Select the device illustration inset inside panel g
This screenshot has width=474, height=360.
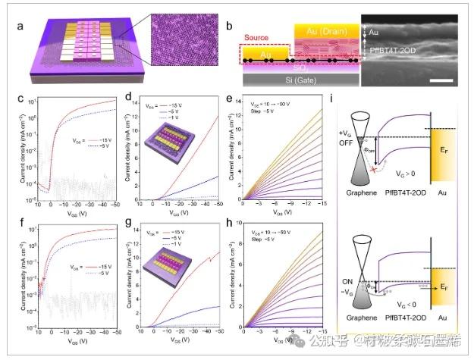[168, 271]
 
